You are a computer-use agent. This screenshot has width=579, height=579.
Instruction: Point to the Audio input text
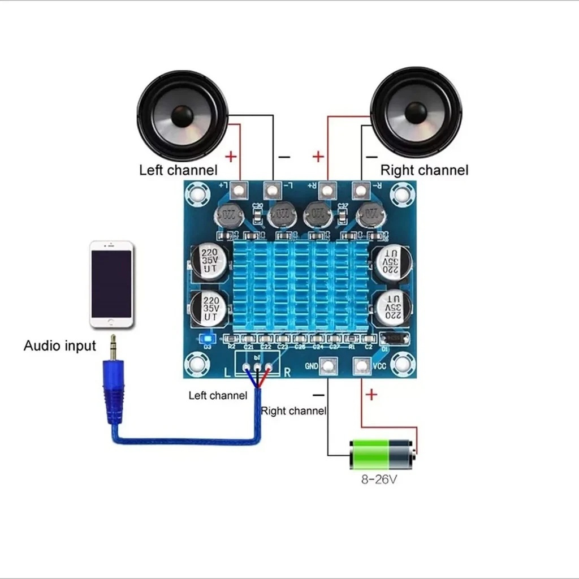tap(60, 345)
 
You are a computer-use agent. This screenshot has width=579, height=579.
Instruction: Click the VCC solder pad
tap(362, 366)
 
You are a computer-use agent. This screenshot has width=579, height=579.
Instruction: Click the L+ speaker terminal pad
tap(241, 191)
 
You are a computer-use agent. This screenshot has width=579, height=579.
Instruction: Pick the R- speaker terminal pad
tap(360, 190)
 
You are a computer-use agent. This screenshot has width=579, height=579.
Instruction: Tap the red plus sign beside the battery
tap(371, 395)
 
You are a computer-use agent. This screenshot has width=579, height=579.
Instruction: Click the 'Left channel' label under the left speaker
tap(178, 170)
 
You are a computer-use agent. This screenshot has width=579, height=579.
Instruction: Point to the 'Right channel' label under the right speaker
tap(424, 170)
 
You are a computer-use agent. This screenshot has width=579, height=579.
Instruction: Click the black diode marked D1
tap(394, 338)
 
